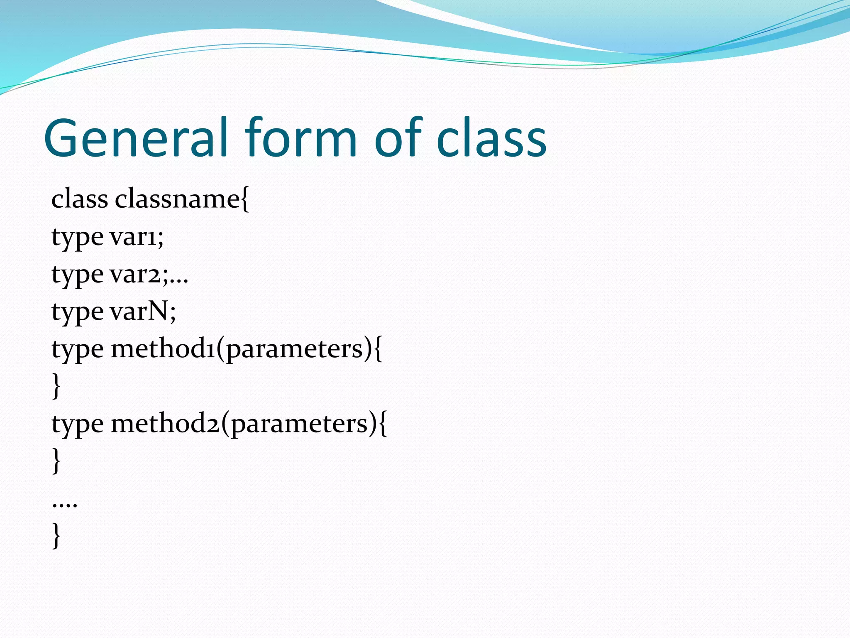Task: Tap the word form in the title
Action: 300,138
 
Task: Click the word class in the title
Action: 491,138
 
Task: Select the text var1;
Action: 137,237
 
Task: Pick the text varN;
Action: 143,312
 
